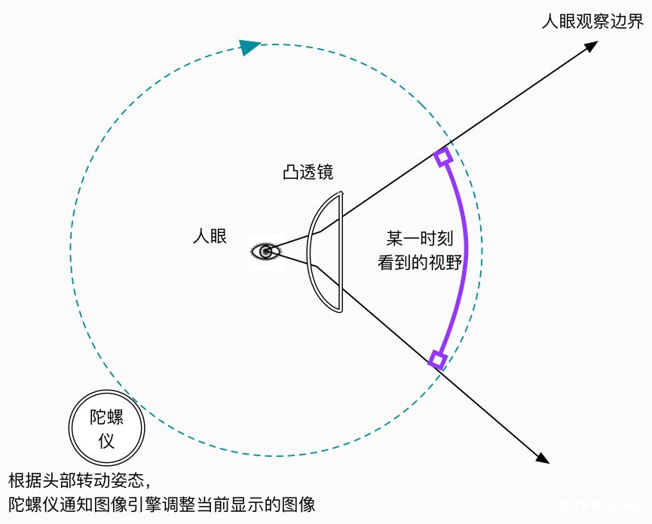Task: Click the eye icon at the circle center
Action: tap(266, 252)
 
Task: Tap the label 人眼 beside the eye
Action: tap(210, 236)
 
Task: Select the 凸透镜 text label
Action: tap(308, 172)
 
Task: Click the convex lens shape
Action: tap(325, 252)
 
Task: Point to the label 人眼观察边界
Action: tap(592, 22)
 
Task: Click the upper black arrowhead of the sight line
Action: tap(590, 46)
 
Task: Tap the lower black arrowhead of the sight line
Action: tap(542, 457)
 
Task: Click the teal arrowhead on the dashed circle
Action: tap(249, 47)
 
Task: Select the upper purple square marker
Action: tap(443, 157)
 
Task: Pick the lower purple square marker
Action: tap(437, 360)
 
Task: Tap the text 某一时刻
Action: tap(419, 238)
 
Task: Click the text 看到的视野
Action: tap(420, 262)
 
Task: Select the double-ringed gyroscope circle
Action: tap(106, 428)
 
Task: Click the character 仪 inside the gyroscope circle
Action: tap(106, 441)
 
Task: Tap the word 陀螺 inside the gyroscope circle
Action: tap(106, 417)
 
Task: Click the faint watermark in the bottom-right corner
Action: tap(603, 505)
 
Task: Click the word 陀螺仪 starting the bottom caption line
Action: tap(34, 504)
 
